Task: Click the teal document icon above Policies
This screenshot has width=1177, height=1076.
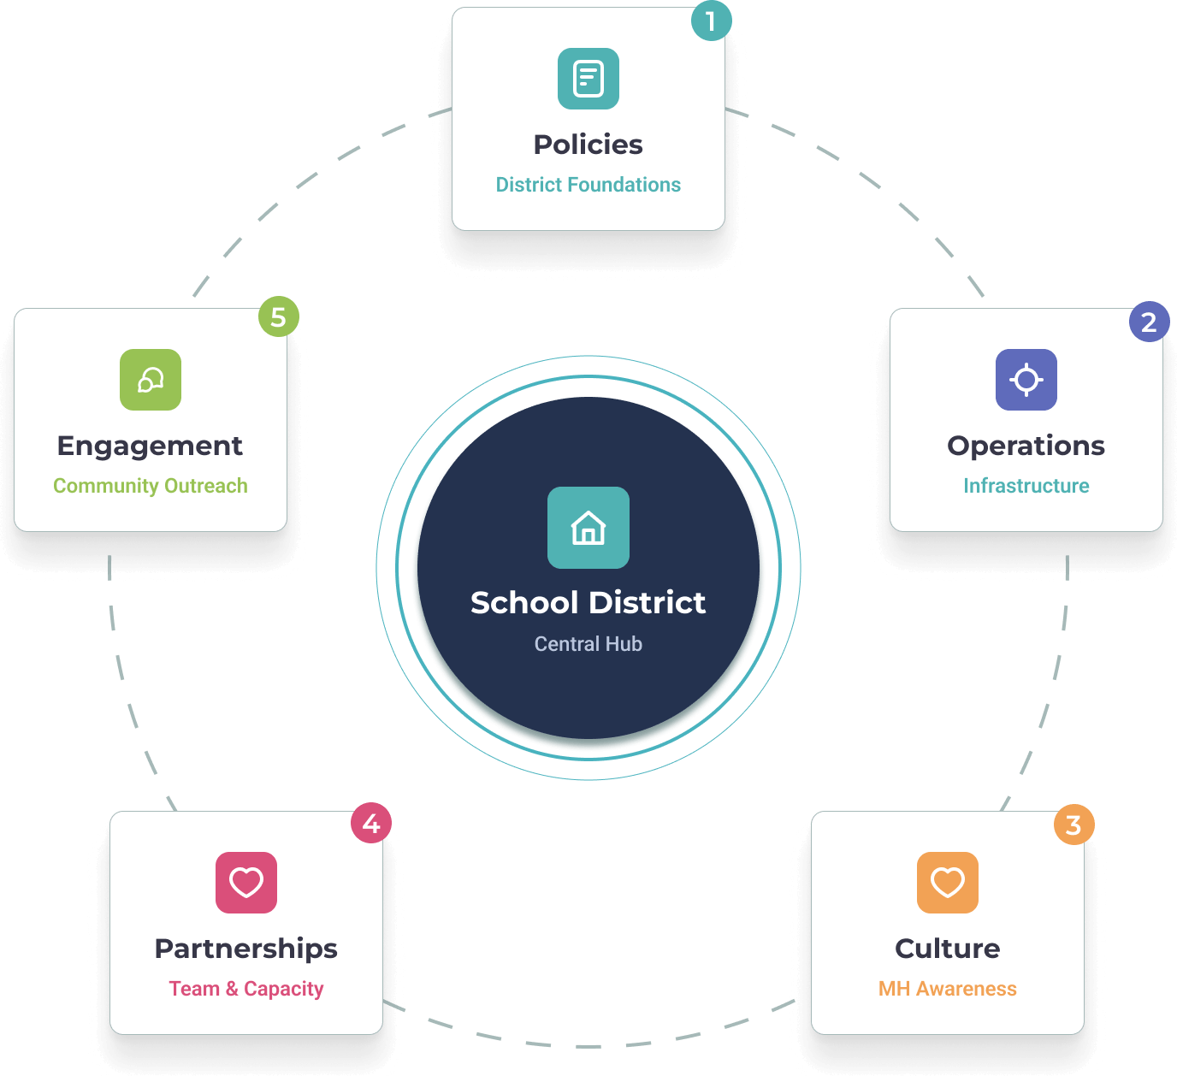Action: pyautogui.click(x=588, y=79)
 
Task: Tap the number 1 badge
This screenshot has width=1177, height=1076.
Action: pyautogui.click(x=711, y=21)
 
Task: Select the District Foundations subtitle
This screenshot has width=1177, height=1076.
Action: pyautogui.click(x=588, y=185)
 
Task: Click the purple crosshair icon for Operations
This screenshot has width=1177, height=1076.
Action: pyautogui.click(x=1026, y=380)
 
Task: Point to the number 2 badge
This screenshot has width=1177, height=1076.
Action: pyautogui.click(x=1149, y=322)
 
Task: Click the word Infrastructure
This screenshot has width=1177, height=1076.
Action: pyautogui.click(x=1026, y=486)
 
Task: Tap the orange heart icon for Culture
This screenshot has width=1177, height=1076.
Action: pyautogui.click(x=948, y=883)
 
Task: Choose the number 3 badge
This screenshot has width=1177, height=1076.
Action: pyautogui.click(x=1073, y=825)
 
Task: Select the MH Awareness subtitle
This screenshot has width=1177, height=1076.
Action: pyautogui.click(x=948, y=989)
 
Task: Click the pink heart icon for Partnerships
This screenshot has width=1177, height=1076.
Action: pyautogui.click(x=246, y=883)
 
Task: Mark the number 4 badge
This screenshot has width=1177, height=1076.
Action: pyautogui.click(x=371, y=823)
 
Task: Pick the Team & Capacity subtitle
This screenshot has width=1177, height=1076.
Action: pyautogui.click(x=246, y=989)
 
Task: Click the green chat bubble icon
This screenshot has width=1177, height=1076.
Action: pyautogui.click(x=151, y=380)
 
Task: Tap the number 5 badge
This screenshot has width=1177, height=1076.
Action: pyautogui.click(x=279, y=316)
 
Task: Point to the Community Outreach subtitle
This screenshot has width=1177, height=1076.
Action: pyautogui.click(x=151, y=486)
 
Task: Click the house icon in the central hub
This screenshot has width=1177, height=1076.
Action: pyautogui.click(x=588, y=528)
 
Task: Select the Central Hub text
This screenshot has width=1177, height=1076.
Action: pyautogui.click(x=588, y=644)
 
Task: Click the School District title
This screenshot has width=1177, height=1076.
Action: pyautogui.click(x=588, y=603)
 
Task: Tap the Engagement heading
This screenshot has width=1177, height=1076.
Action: pyautogui.click(x=151, y=446)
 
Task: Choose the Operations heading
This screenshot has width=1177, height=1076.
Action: pyautogui.click(x=1026, y=446)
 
